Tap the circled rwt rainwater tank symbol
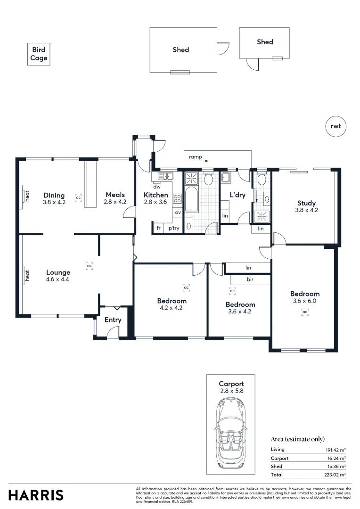coord(335,126)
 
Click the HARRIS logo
coord(36,495)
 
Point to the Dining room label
coord(54,195)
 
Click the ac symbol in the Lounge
coord(89,266)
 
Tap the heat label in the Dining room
coord(27,196)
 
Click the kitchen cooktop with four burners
coord(178,199)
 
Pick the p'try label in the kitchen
coord(173,228)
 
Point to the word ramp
coord(195,156)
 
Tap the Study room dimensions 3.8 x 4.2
coord(306,210)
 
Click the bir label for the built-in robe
coord(250,279)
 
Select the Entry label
coord(113,320)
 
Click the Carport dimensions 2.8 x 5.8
coord(231,391)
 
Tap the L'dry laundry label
coord(237,195)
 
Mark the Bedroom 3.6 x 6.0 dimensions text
coord(305,301)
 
